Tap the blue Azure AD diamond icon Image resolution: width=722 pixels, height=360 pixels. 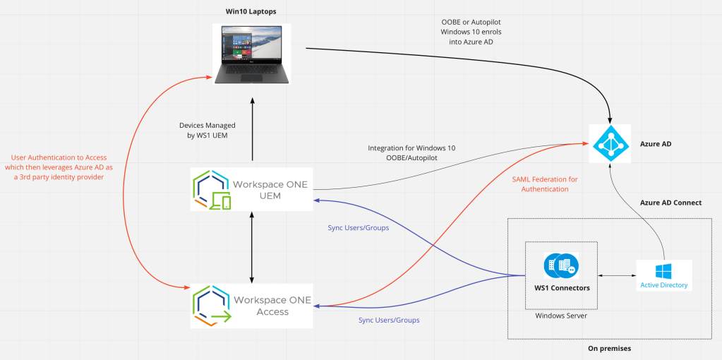click(x=608, y=143)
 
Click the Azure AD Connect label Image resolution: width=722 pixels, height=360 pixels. click(x=670, y=203)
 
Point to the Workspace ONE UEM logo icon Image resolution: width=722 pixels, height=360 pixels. click(x=211, y=190)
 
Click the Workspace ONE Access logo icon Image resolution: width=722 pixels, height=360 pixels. click(x=212, y=306)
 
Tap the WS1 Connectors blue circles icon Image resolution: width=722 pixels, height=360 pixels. click(x=562, y=266)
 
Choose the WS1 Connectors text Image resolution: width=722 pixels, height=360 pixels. click(x=562, y=288)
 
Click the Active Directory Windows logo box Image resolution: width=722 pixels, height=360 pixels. click(x=663, y=275)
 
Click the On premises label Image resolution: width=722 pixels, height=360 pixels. click(x=609, y=349)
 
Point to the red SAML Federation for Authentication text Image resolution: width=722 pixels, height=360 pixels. click(x=544, y=184)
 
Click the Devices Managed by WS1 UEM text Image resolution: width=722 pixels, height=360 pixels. click(x=207, y=130)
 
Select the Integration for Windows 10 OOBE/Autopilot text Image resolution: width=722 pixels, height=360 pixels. click(x=411, y=153)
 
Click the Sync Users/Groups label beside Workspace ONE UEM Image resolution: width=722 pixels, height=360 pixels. click(x=359, y=228)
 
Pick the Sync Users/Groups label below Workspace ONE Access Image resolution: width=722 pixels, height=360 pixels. click(x=389, y=320)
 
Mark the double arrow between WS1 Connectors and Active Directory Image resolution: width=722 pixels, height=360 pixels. click(x=617, y=275)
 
